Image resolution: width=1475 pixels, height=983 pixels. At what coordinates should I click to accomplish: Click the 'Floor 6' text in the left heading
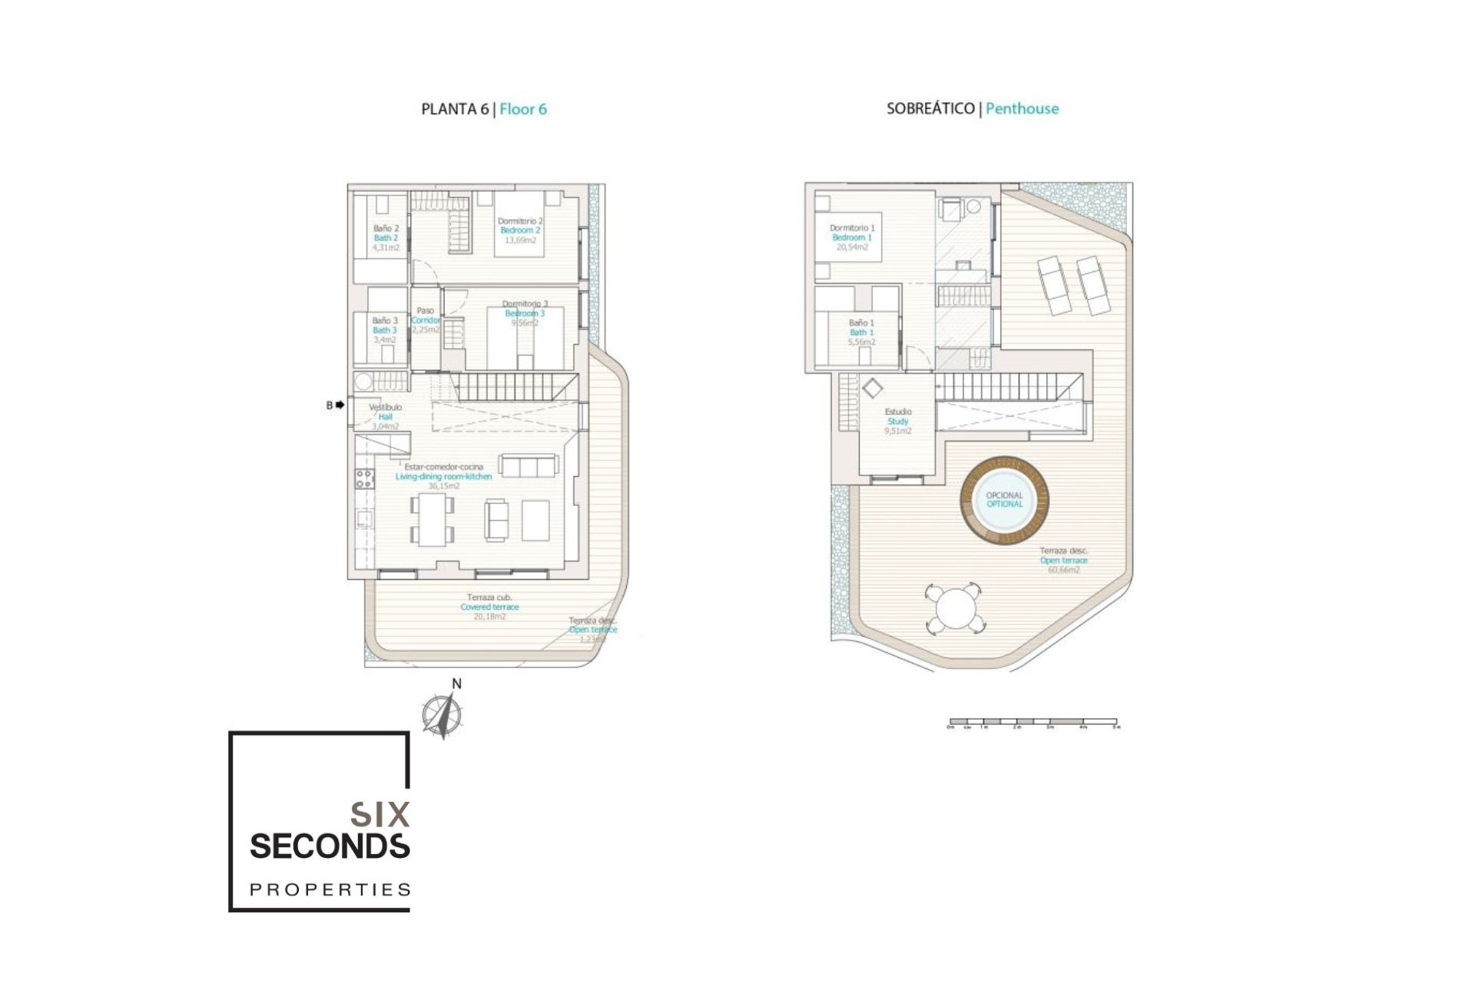pos(523,109)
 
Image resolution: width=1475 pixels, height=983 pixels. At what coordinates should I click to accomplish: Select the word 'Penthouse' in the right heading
pos(1022,108)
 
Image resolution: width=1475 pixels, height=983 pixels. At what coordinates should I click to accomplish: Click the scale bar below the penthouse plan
pos(1033,723)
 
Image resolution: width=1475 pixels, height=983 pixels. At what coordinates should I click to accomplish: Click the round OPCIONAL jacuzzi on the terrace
pos(1004,500)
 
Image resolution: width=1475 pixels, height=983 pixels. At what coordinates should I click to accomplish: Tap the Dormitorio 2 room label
pos(520,221)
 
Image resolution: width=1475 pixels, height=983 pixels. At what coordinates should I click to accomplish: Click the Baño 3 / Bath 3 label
pos(385,326)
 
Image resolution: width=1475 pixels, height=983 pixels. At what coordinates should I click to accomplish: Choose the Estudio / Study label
pos(898,417)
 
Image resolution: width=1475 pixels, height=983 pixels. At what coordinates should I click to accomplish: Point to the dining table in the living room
pos(433,519)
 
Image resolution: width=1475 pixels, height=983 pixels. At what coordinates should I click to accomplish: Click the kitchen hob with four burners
pos(363,479)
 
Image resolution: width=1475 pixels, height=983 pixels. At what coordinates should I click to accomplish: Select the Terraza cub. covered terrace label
pos(489,602)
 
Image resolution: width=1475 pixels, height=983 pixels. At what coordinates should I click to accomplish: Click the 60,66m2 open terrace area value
pos(1063,571)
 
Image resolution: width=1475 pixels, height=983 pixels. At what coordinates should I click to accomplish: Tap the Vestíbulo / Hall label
pos(386,412)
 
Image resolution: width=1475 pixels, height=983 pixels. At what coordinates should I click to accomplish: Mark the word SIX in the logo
pos(380,814)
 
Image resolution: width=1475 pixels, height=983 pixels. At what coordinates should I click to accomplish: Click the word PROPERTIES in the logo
pos(330,889)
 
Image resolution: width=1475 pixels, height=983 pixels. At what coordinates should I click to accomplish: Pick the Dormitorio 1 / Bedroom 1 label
pos(852,233)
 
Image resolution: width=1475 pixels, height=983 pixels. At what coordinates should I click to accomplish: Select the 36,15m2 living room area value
pos(444,486)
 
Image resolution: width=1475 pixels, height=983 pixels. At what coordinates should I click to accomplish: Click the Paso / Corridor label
pos(425,316)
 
